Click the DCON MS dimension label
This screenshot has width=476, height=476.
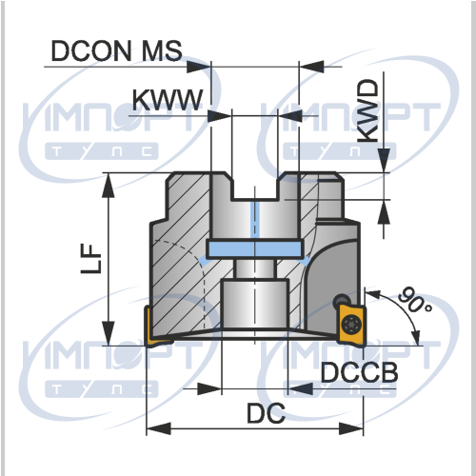point(116,50)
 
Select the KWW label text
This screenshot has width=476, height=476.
point(168,100)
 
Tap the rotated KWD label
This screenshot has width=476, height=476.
point(368,111)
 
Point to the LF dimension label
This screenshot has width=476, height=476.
point(91,259)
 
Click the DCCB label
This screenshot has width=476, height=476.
point(359,372)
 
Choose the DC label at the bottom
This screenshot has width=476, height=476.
point(266,413)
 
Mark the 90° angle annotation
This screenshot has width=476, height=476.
point(414,300)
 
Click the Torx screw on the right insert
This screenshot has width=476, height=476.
point(351,324)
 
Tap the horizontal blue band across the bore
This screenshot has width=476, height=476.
point(254,249)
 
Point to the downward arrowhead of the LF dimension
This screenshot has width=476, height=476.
point(109,333)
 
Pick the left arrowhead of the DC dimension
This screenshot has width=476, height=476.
point(159,428)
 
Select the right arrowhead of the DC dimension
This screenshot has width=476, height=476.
point(351,428)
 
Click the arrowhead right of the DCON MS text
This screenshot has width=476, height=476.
point(199,67)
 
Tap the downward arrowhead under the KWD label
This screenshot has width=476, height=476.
point(385,161)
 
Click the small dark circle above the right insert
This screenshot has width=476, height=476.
point(342,300)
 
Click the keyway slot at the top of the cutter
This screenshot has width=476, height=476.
point(255,188)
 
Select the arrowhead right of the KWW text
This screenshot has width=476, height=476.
point(219,115)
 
